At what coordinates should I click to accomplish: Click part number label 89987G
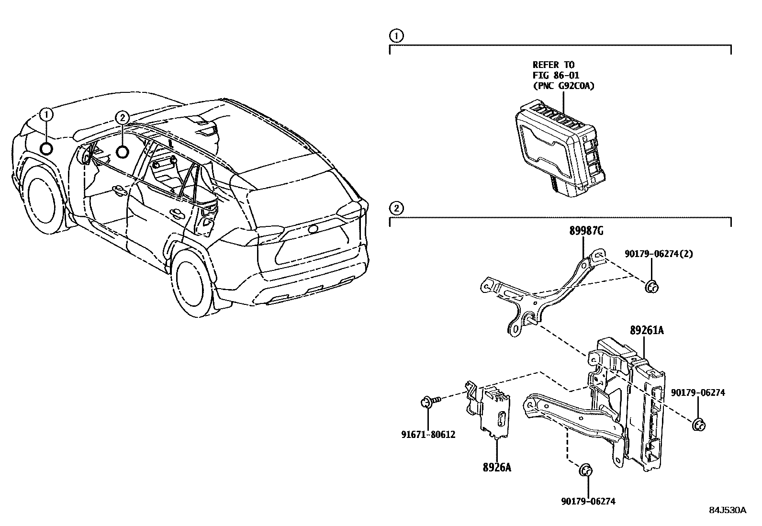point(586,231)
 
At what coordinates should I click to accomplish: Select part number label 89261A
point(646,331)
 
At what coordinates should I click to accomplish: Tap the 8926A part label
point(496,467)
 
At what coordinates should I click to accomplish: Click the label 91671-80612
point(428,435)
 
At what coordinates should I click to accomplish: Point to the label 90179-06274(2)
point(658,254)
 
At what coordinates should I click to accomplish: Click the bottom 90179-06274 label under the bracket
point(588,501)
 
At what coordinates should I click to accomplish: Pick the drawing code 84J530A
point(728,510)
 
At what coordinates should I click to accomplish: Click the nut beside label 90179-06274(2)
point(651,287)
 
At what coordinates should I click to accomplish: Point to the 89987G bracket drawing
point(541,292)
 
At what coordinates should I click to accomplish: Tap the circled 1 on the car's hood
point(46,114)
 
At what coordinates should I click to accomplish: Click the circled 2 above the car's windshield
point(122,117)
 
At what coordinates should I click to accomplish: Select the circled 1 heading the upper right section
point(396,35)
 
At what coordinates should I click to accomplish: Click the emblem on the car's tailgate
point(314,229)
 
